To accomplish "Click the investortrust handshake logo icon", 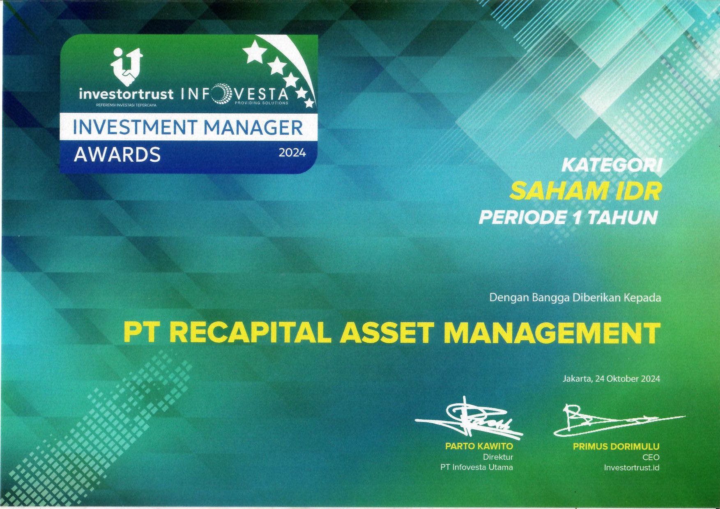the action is point(127,66).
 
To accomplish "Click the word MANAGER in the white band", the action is point(253,128).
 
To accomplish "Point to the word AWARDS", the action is point(117,154).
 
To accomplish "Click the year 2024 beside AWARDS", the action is point(292,153).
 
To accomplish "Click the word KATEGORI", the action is point(612,165).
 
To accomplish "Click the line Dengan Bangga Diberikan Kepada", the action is point(575,298).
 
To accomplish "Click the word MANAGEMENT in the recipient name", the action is point(550,333).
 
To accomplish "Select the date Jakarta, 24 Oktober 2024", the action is point(611,379).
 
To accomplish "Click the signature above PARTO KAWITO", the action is point(469,418).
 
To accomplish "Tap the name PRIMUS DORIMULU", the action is point(616,447).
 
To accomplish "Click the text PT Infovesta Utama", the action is point(476,467).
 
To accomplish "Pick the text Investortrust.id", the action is point(631,467).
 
